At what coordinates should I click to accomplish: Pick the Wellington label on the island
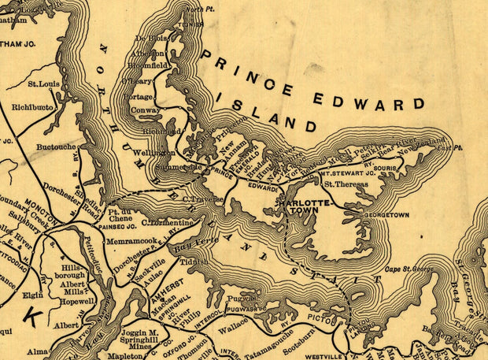(155, 152)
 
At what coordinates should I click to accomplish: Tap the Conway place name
(146, 110)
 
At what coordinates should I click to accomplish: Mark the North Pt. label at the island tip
(199, 8)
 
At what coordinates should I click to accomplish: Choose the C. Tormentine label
(167, 223)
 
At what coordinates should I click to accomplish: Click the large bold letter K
(31, 315)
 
